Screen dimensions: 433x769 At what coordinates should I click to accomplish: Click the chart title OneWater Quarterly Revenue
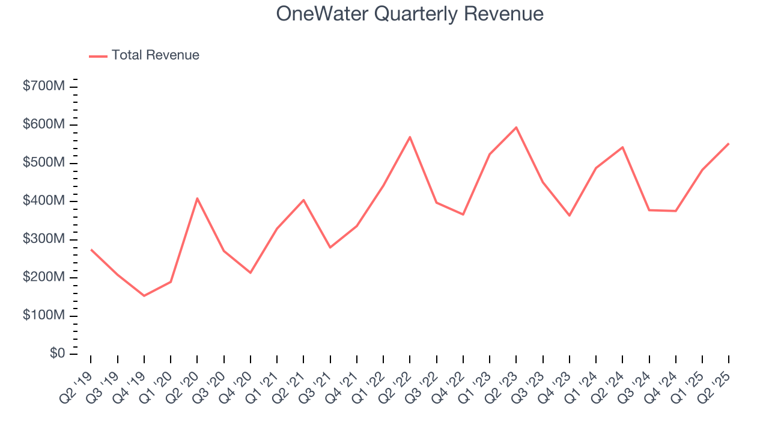tap(410, 14)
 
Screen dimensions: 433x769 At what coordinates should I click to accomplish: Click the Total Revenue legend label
tap(155, 55)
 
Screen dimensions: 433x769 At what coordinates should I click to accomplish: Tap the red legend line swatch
tap(98, 56)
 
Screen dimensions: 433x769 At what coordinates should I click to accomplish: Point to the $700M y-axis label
tap(43, 87)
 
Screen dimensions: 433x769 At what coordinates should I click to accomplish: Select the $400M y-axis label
tap(43, 201)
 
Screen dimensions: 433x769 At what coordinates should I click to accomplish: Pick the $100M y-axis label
tap(43, 315)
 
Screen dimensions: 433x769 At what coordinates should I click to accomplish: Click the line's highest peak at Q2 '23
tap(516, 127)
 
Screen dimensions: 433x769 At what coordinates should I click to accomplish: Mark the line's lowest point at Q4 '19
tap(144, 296)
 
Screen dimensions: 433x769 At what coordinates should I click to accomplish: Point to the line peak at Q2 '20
tap(197, 198)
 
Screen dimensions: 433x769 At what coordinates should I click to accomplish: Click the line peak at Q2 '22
tap(410, 137)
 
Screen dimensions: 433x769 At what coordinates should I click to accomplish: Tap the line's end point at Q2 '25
tap(728, 144)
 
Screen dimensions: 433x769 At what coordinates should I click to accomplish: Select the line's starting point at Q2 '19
tap(91, 250)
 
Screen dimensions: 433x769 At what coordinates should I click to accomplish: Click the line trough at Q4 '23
tap(569, 215)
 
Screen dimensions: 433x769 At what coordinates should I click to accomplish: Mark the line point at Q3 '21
tap(330, 247)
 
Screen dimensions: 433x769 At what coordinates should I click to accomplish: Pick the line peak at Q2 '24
tap(622, 147)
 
